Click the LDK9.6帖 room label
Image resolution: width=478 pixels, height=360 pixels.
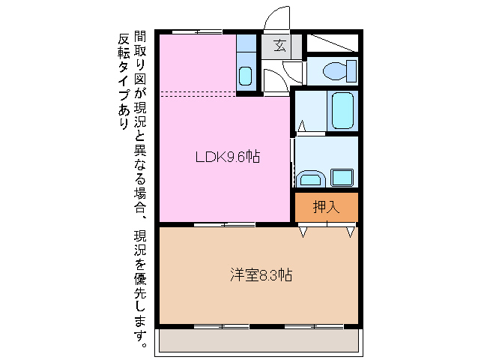228,157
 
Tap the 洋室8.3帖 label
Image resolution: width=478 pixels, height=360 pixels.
261,274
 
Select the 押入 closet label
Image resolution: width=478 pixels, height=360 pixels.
326,207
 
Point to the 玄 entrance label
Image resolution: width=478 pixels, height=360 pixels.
279,46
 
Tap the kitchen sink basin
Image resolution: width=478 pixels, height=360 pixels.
246,76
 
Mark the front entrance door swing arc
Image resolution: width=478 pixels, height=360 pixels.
277,19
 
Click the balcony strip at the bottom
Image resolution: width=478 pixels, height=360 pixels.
258,341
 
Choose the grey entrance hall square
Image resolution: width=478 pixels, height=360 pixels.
279,46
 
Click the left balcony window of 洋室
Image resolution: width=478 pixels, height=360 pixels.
221,326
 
